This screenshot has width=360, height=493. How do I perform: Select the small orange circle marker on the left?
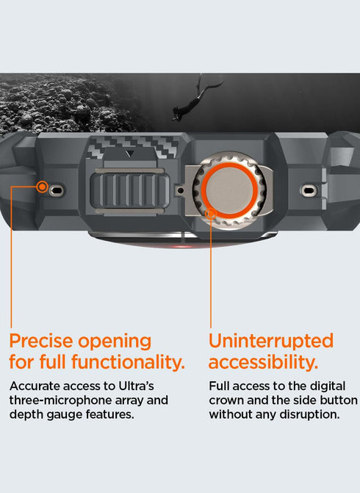pos(43,187)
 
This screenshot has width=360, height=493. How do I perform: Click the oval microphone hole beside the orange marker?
pos(57,190)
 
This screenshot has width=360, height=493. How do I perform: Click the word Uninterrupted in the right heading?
pos(270,342)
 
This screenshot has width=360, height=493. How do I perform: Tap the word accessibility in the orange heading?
pos(262,361)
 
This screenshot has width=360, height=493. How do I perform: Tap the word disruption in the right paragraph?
pos(308,415)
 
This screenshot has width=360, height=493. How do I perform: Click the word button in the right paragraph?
pos(339,400)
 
